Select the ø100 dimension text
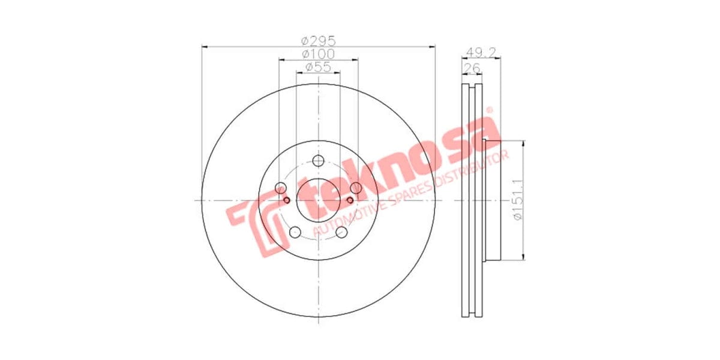pos(318,54)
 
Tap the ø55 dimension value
pos(318,67)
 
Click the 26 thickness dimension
pos(472,68)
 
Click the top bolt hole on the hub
pos(318,160)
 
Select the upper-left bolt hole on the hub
pos(280,188)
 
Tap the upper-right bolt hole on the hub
pos(356,188)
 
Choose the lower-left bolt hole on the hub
pos(294,233)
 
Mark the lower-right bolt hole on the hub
pos(342,233)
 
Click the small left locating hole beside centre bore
pos(286,200)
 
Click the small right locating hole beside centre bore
pos(350,200)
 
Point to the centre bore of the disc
pos(318,200)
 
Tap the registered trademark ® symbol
pos(488,110)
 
